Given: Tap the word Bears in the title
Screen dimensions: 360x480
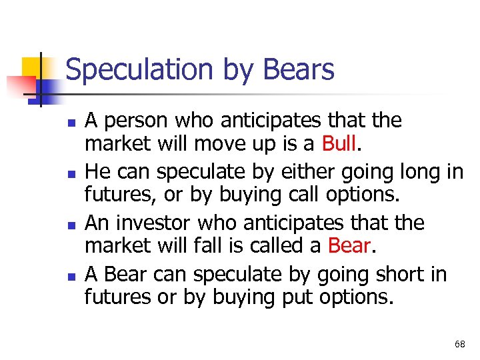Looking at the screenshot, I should pyautogui.click(x=299, y=70).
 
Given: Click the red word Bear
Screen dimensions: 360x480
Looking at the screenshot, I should pyautogui.click(x=349, y=246).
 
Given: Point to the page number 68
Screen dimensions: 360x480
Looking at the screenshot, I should pyautogui.click(x=460, y=344).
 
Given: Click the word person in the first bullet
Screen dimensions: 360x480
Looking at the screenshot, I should pyautogui.click(x=138, y=121).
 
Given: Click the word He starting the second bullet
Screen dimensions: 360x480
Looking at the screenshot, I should pyautogui.click(x=97, y=172).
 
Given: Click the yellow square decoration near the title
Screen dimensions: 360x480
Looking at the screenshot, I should pyautogui.click(x=33, y=67).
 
